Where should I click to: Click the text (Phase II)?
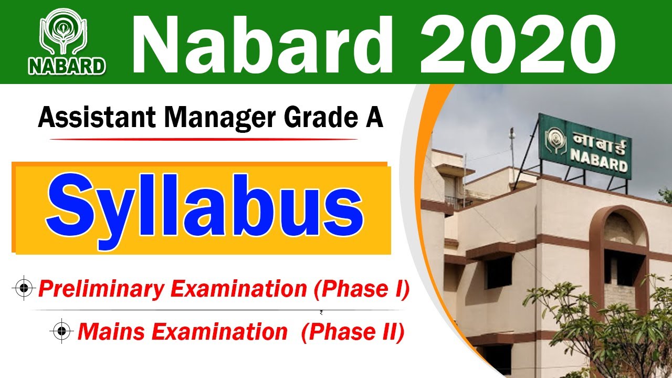pos(353,332)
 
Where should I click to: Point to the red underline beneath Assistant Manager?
pos(205,140)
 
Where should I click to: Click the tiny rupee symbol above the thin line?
pos(321,313)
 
